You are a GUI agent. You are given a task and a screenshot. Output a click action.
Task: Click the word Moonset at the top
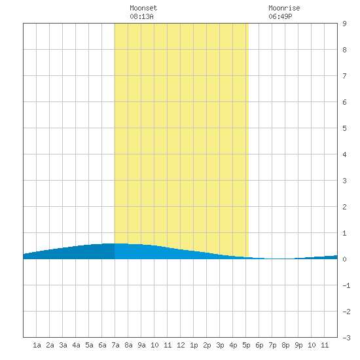[143, 8]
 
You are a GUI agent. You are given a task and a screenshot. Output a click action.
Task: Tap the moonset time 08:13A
[141, 16]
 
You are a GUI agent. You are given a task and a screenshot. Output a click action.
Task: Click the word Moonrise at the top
[284, 8]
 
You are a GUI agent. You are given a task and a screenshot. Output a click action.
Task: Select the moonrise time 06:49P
[280, 16]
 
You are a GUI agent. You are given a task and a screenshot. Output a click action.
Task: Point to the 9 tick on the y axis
[344, 24]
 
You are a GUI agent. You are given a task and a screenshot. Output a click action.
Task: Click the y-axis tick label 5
[344, 128]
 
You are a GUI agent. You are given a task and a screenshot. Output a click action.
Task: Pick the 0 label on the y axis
[344, 259]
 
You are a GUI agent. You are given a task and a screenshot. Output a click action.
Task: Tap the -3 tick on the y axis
[346, 338]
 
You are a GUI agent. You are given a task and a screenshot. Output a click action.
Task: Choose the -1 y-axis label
[346, 285]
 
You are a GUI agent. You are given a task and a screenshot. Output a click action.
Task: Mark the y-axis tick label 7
[344, 76]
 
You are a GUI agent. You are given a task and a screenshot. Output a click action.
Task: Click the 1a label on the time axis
[37, 345]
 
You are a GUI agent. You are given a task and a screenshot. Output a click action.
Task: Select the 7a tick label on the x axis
[115, 345]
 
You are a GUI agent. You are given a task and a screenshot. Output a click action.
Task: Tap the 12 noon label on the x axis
[181, 345]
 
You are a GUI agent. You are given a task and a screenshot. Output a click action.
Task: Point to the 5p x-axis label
[246, 345]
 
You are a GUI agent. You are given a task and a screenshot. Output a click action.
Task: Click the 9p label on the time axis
[298, 345]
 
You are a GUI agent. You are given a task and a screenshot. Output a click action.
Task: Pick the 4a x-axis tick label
[76, 345]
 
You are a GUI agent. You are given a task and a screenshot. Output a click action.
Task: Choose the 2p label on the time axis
[207, 345]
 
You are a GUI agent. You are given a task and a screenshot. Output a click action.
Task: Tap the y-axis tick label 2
[344, 207]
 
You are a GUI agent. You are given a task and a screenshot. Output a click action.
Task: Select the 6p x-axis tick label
[259, 345]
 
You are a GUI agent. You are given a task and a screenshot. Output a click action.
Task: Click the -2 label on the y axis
[346, 312]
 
